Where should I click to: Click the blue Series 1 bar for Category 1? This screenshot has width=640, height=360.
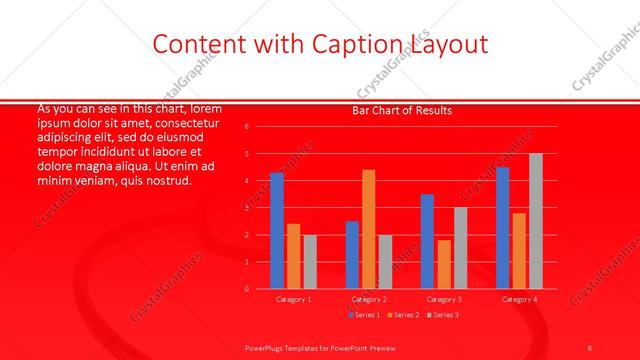click(277, 231)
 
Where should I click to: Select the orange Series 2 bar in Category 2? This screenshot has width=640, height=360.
click(369, 229)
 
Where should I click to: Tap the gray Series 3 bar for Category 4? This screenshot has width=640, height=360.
click(535, 221)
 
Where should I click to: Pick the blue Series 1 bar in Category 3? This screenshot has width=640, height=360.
click(427, 241)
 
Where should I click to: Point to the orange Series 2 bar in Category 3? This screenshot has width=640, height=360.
click(444, 264)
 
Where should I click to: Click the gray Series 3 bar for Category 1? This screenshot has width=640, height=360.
click(309, 262)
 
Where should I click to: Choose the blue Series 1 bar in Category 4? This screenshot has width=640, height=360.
click(502, 228)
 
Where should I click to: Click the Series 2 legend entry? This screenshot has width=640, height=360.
click(402, 315)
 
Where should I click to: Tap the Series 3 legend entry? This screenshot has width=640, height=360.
click(443, 315)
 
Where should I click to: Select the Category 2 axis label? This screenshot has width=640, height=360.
click(368, 299)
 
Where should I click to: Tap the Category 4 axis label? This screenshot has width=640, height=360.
click(518, 299)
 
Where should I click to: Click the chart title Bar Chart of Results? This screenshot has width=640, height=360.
click(402, 110)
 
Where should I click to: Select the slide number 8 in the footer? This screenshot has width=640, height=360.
click(590, 346)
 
